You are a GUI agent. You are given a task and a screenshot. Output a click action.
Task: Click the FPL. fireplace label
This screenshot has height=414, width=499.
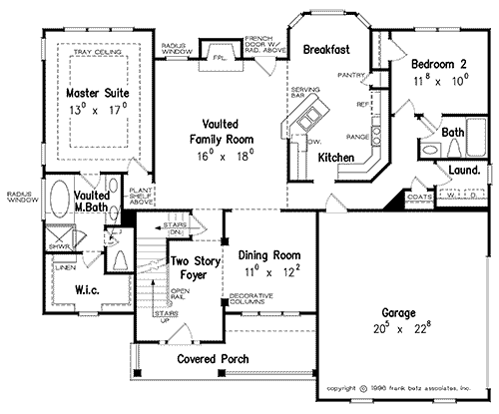[217, 59]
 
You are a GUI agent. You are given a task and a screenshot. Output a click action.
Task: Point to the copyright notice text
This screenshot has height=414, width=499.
[398, 387]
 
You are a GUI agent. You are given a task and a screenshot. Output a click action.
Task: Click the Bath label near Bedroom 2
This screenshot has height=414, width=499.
[454, 131]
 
